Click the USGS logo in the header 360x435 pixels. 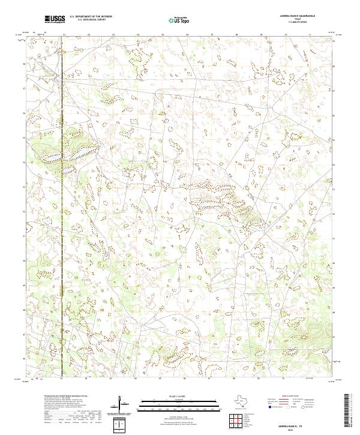tap(55, 20)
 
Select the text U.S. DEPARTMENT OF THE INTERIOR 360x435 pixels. tap(90, 17)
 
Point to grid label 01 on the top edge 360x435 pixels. tap(63, 35)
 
